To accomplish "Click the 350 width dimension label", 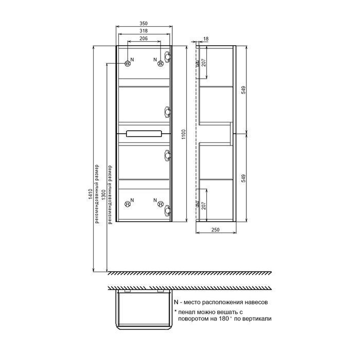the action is [x=143, y=23].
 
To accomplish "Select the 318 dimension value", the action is [x=143, y=31].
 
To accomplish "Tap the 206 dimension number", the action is [x=143, y=39].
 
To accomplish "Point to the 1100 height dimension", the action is [x=183, y=134].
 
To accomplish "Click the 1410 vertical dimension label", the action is [x=90, y=194].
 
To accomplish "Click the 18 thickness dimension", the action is [x=206, y=39].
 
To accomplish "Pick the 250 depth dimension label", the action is [x=215, y=229].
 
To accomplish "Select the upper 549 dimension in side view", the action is [x=243, y=90].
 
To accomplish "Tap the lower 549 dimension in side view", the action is [x=243, y=178].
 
